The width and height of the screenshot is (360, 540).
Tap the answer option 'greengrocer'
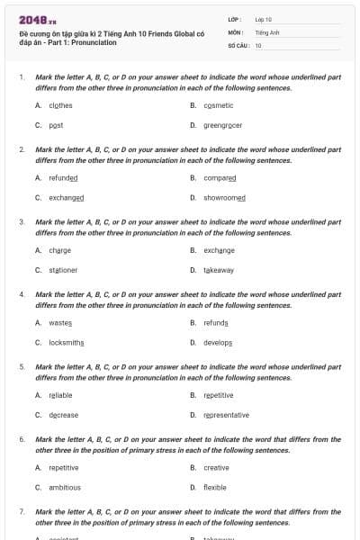(x=222, y=125)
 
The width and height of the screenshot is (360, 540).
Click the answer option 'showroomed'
(x=224, y=197)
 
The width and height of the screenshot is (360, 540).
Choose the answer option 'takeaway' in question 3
(x=219, y=269)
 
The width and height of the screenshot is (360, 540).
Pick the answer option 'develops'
(x=218, y=342)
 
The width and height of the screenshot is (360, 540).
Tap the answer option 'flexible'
(x=215, y=487)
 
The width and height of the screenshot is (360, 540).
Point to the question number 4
(x=22, y=294)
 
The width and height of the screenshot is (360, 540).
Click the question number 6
(x=22, y=439)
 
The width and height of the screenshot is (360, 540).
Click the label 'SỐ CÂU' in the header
(x=238, y=44)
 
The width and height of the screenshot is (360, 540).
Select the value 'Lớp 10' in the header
(x=264, y=19)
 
